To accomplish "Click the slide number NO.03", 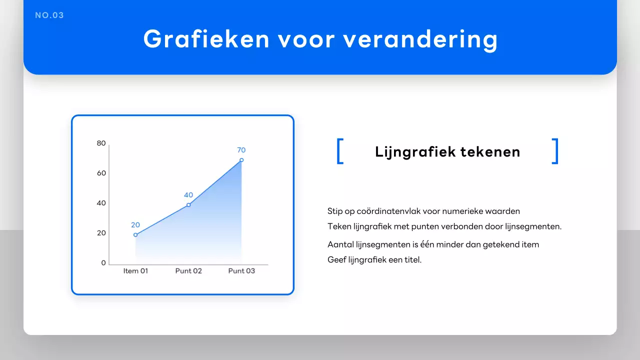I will point(49,15).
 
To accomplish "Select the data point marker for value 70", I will point(241,160).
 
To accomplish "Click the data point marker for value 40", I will point(188,205).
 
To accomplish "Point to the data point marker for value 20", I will point(135,234).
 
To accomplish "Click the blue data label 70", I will point(241,150).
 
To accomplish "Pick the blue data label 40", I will point(188,195).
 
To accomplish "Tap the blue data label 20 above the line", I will point(135,225).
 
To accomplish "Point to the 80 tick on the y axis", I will point(101,143).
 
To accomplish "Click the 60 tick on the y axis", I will point(101,173).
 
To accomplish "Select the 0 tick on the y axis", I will point(103,263).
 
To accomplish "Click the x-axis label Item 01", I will point(135,271).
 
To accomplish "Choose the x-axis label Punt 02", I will point(188,271).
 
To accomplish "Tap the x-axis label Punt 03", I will point(241,271).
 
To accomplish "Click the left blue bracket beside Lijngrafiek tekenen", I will point(340,151).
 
